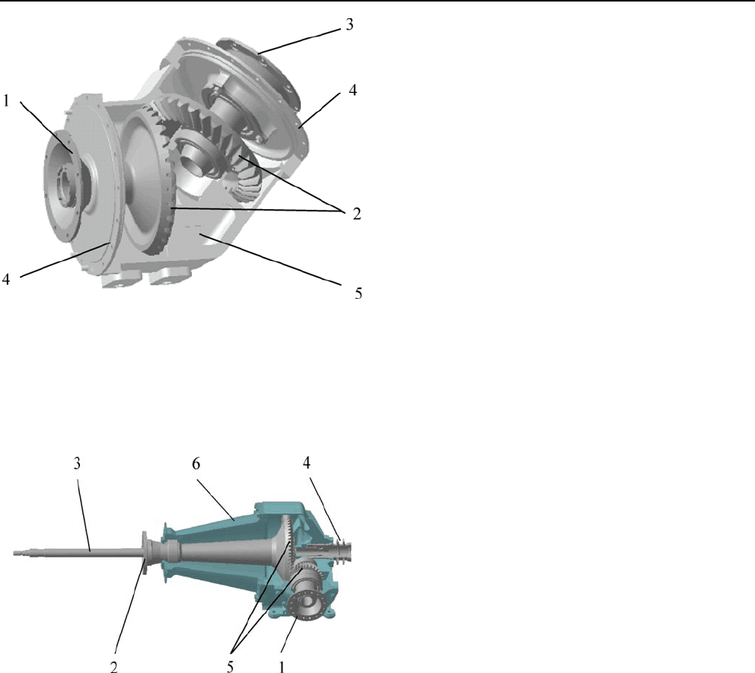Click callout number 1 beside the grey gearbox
click(x=6, y=100)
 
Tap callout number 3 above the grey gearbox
click(x=349, y=24)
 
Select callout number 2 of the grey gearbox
click(x=356, y=214)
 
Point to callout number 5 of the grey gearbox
click(x=358, y=294)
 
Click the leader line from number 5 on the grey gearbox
click(x=271, y=260)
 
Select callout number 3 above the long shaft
click(x=77, y=463)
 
